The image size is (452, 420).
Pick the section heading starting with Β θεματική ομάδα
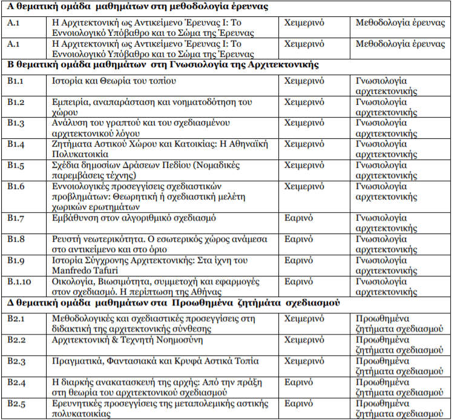click(163, 64)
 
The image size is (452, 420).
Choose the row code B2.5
click(16, 402)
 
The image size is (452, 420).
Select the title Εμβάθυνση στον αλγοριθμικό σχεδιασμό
click(134, 218)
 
